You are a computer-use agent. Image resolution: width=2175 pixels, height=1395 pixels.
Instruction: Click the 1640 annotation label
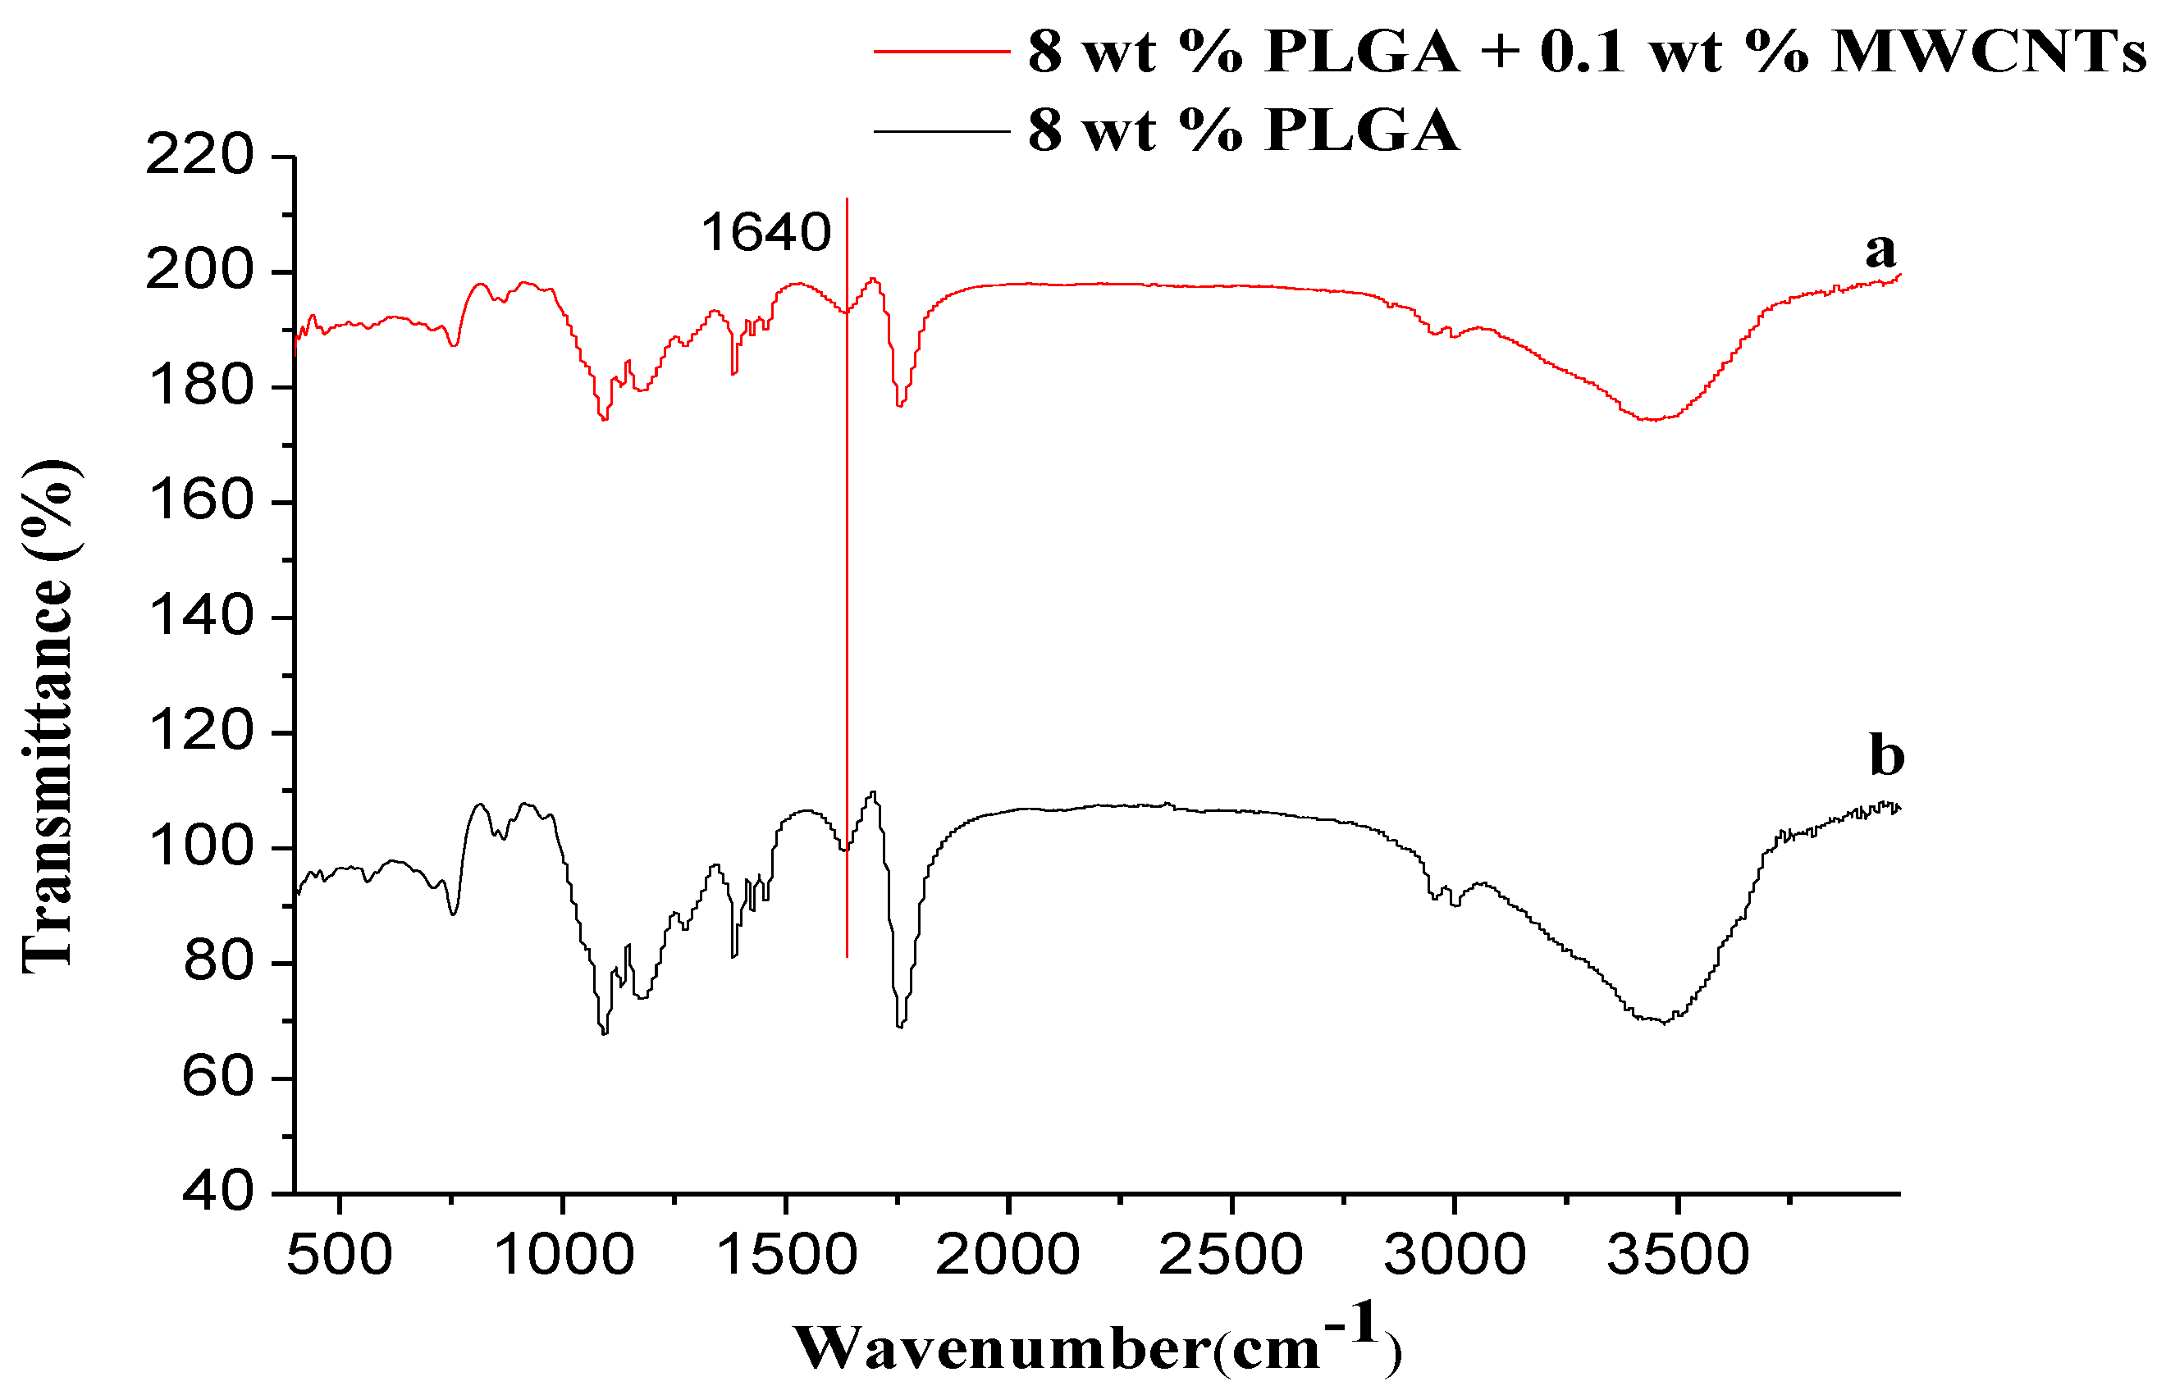coord(765,233)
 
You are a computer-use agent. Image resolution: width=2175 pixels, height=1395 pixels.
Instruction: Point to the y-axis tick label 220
coord(200,155)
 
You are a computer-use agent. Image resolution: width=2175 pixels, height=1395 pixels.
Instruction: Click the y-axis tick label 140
coord(200,617)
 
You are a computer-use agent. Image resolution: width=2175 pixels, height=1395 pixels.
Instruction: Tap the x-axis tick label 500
coord(339,1256)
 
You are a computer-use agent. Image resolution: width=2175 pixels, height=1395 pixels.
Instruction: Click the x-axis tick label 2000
coord(1007,1256)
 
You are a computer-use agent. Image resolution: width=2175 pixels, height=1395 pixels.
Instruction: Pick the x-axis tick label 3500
coord(1678,1256)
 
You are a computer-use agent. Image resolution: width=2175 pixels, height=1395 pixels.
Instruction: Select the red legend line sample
coord(942,52)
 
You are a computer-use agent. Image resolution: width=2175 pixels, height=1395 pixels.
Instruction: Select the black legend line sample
coord(942,131)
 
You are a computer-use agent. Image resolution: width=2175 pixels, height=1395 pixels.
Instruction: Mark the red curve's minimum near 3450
coord(1652,419)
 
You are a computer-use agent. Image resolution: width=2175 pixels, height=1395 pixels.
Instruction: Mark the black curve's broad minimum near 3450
coord(1663,1022)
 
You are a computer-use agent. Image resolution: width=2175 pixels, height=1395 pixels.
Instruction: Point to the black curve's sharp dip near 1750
coord(899,1025)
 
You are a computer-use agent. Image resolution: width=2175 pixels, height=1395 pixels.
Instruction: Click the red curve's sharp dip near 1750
coord(899,405)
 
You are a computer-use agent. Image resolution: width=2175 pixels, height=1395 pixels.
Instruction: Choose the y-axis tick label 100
coord(200,847)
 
